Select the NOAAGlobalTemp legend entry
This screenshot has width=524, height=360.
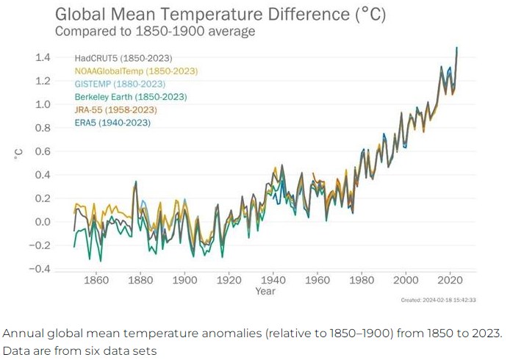[x=136, y=71]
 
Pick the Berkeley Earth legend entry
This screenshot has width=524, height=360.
[x=130, y=97]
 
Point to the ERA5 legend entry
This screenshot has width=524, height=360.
[x=112, y=123]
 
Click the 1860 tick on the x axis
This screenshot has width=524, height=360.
[x=96, y=280]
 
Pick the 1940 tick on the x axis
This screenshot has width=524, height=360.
[x=273, y=280]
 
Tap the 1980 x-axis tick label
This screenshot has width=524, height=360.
[x=362, y=280]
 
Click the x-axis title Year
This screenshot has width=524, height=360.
[x=265, y=292]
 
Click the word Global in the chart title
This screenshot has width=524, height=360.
[x=85, y=14]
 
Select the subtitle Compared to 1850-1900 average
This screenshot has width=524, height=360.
[x=155, y=31]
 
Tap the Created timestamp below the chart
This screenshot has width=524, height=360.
[x=439, y=300]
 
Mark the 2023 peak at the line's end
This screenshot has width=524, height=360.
[x=457, y=48]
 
